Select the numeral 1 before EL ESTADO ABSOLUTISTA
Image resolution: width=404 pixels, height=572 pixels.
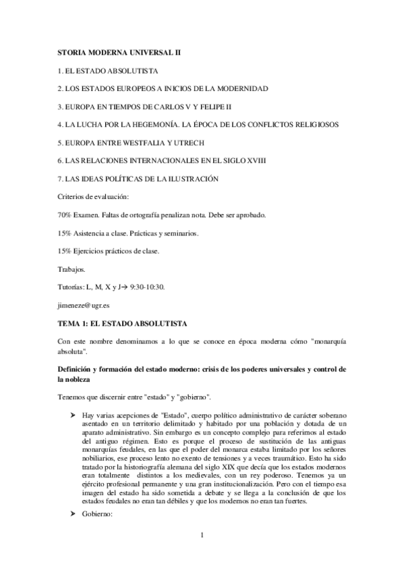click(x=59, y=70)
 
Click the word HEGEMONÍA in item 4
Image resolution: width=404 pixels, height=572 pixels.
click(x=150, y=125)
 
